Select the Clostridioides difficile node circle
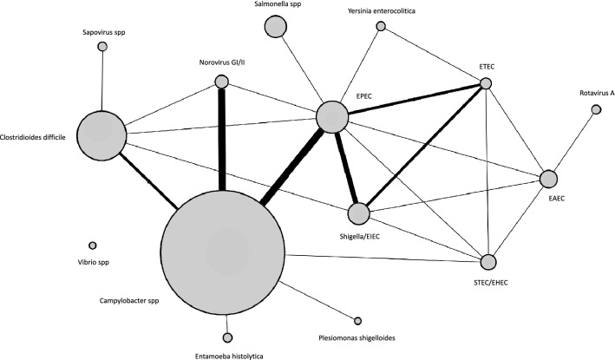pyautogui.click(x=101, y=135)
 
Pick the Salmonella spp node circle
pyautogui.click(x=276, y=27)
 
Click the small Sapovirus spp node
pyautogui.click(x=102, y=46)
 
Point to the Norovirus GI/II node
pyautogui.click(x=221, y=82)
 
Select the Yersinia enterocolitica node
pyautogui.click(x=380, y=26)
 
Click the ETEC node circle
pyautogui.click(x=486, y=83)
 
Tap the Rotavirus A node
pyautogui.click(x=595, y=109)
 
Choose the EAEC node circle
pyautogui.click(x=548, y=179)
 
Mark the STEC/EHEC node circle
pyautogui.click(x=489, y=262)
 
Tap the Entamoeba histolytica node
pyautogui.click(x=228, y=337)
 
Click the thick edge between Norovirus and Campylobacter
pyautogui.click(x=222, y=139)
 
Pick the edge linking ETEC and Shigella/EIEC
pyautogui.click(x=425, y=147)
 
